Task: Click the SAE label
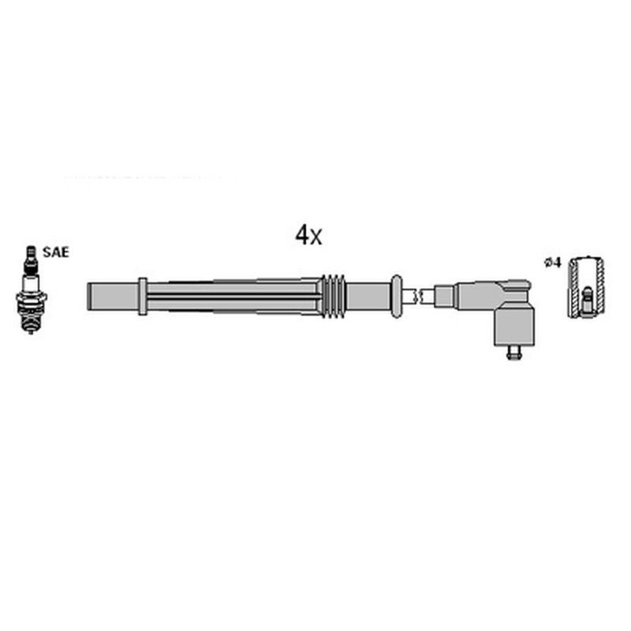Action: [x=55, y=252]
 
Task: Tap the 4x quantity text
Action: [x=308, y=234]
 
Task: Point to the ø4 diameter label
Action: [x=553, y=263]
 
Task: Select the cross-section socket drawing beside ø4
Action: [x=587, y=287]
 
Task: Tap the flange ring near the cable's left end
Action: [x=142, y=296]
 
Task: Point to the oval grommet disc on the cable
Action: [x=396, y=296]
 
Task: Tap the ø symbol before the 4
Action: [x=547, y=263]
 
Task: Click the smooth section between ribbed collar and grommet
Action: [x=367, y=296]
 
